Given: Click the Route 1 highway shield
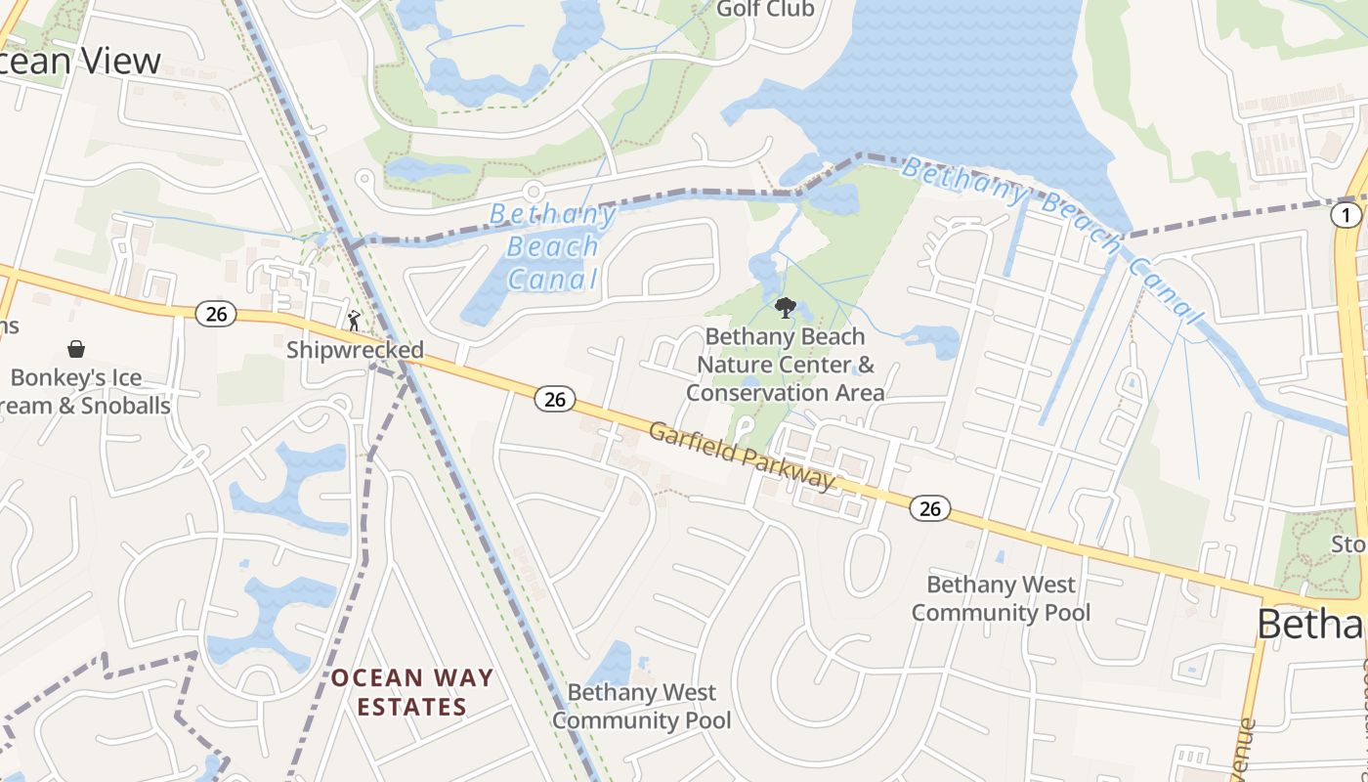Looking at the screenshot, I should [1346, 215].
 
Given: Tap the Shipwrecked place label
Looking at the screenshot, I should [355, 350].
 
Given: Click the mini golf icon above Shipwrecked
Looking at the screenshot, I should [355, 319].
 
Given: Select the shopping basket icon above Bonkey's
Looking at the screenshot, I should [75, 349].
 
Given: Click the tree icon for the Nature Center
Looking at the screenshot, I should [784, 309].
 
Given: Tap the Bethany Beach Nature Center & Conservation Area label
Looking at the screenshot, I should [785, 365].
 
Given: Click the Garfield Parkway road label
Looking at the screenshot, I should [743, 455].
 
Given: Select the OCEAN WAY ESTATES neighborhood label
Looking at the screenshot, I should [411, 691].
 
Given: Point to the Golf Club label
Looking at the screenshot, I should [765, 10].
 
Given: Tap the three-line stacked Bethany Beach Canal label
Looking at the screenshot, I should [553, 246].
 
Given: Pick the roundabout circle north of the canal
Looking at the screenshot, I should [533, 190].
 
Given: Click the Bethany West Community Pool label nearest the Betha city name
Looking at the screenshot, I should [1001, 598].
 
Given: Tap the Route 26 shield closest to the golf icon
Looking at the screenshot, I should [216, 313].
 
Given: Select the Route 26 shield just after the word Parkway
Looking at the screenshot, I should [929, 508].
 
